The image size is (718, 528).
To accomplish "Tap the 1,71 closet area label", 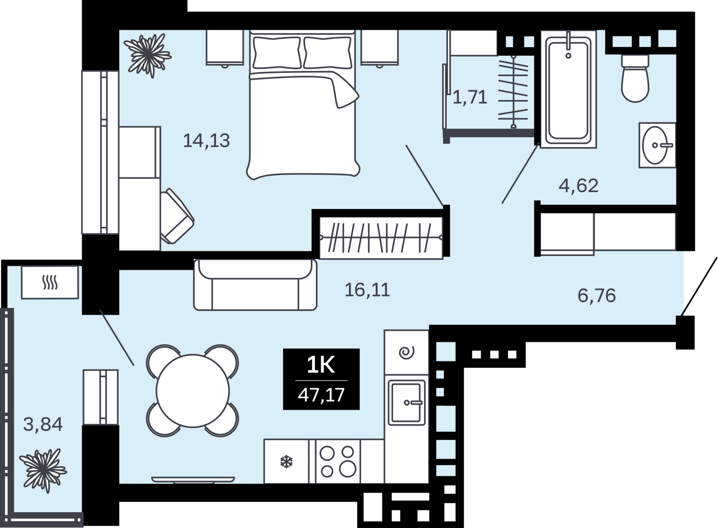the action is (x=470, y=97).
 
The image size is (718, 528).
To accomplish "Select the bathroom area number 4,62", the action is (x=579, y=186).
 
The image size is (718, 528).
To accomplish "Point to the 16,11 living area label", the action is (x=368, y=290).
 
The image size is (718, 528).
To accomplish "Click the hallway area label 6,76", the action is (x=597, y=296).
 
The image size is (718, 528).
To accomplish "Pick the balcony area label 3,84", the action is (x=43, y=424).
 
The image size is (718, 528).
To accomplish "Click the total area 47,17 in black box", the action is (x=321, y=395).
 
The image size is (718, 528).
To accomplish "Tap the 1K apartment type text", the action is (x=321, y=365).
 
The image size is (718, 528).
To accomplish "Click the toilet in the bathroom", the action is (x=635, y=78).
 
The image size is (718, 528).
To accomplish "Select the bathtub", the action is (x=568, y=89).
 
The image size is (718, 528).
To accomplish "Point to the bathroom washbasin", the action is (x=657, y=145).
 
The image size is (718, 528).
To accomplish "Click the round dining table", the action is (x=193, y=390).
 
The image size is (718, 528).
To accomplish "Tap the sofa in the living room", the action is (x=255, y=285).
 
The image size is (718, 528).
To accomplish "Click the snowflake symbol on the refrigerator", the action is (x=286, y=462).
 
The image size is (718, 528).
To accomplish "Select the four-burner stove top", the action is (x=338, y=461).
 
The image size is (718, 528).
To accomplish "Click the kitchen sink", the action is (x=407, y=403).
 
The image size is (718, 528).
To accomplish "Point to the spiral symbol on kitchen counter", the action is (x=406, y=352).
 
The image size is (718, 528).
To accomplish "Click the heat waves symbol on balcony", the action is (x=50, y=283).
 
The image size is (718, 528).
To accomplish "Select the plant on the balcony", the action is (x=43, y=471).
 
